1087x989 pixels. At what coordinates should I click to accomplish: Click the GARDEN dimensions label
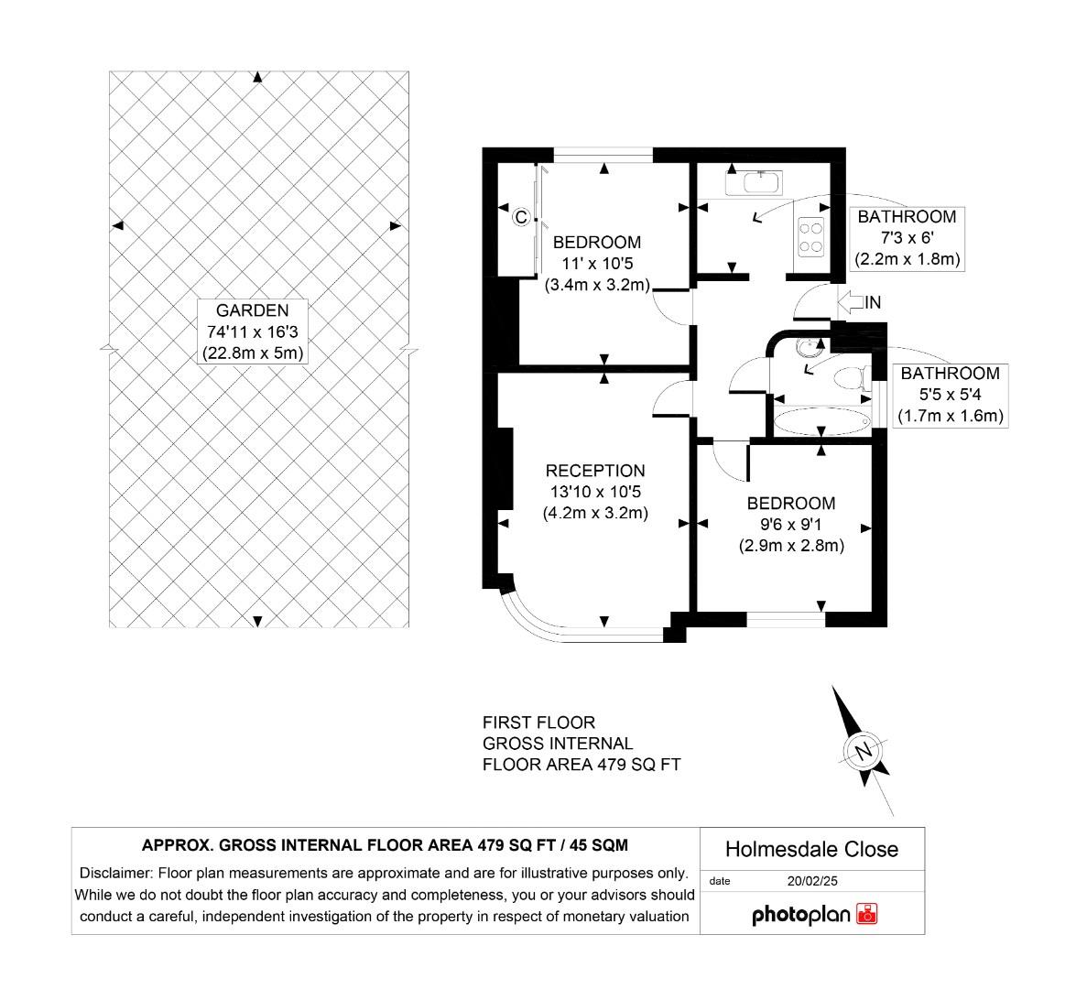[x=252, y=331]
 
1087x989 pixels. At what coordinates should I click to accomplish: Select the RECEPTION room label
[x=595, y=492]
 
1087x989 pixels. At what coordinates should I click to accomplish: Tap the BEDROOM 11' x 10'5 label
[x=597, y=264]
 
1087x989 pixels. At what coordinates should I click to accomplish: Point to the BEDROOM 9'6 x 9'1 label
[x=791, y=524]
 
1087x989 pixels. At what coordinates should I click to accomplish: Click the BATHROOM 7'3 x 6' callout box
[x=907, y=238]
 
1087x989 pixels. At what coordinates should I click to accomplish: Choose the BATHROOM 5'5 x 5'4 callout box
[x=951, y=395]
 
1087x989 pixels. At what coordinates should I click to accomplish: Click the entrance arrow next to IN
[x=850, y=301]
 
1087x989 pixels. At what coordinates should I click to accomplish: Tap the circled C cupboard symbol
[x=520, y=217]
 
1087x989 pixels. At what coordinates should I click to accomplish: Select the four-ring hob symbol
[x=810, y=236]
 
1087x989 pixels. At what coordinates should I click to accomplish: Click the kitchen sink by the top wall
[x=754, y=182]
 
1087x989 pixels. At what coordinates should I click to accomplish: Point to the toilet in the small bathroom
[x=852, y=377]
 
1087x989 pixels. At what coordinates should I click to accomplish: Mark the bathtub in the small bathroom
[x=821, y=422]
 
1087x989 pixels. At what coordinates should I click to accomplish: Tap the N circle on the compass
[x=862, y=750]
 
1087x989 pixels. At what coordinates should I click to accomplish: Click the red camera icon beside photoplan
[x=866, y=914]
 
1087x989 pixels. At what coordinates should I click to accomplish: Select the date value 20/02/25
[x=813, y=881]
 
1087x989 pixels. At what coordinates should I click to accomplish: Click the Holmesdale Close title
[x=811, y=850]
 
